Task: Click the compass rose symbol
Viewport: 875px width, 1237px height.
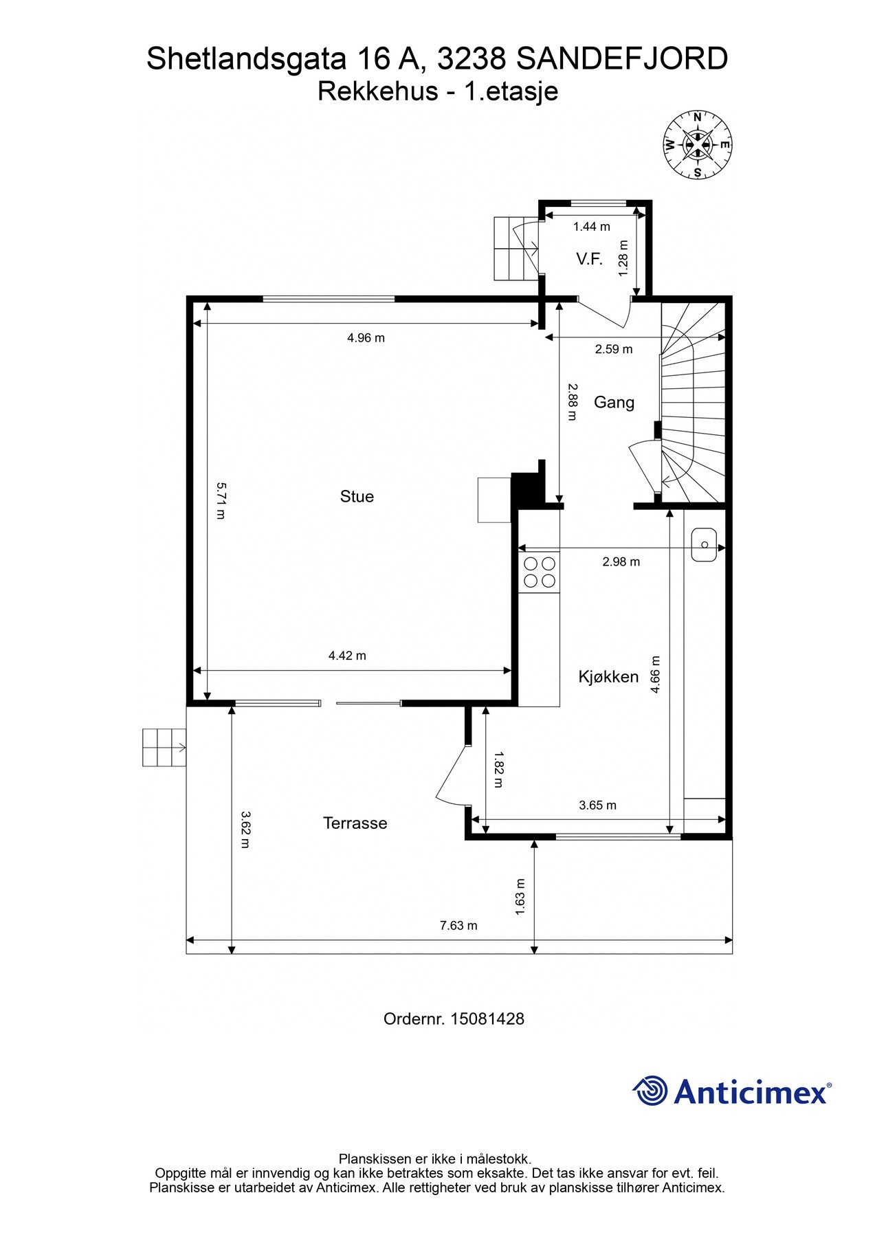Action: click(697, 145)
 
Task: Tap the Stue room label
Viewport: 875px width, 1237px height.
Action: click(357, 496)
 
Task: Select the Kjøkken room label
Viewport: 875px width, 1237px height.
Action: click(608, 677)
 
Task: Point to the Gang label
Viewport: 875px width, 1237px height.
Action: click(614, 402)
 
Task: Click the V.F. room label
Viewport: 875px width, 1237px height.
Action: click(589, 259)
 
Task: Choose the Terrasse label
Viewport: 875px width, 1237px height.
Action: click(355, 823)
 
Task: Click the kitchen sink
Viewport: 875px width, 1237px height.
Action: click(704, 544)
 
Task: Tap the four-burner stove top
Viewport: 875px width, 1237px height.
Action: click(540, 572)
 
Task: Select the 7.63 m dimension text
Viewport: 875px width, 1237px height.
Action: click(458, 925)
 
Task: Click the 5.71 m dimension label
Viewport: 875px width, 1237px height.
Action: click(221, 500)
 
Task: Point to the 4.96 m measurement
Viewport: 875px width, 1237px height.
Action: click(366, 337)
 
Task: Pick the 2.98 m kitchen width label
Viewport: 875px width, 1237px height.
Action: click(621, 561)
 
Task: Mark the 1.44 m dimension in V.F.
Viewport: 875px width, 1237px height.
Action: click(591, 226)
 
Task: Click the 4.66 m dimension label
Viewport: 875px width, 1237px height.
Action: click(655, 674)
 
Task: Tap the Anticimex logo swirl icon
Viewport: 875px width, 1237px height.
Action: click(650, 1091)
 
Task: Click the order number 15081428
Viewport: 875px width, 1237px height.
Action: click(487, 1018)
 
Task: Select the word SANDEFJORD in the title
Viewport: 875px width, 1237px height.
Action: click(621, 59)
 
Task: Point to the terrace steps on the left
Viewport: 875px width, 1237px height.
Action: click(164, 747)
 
